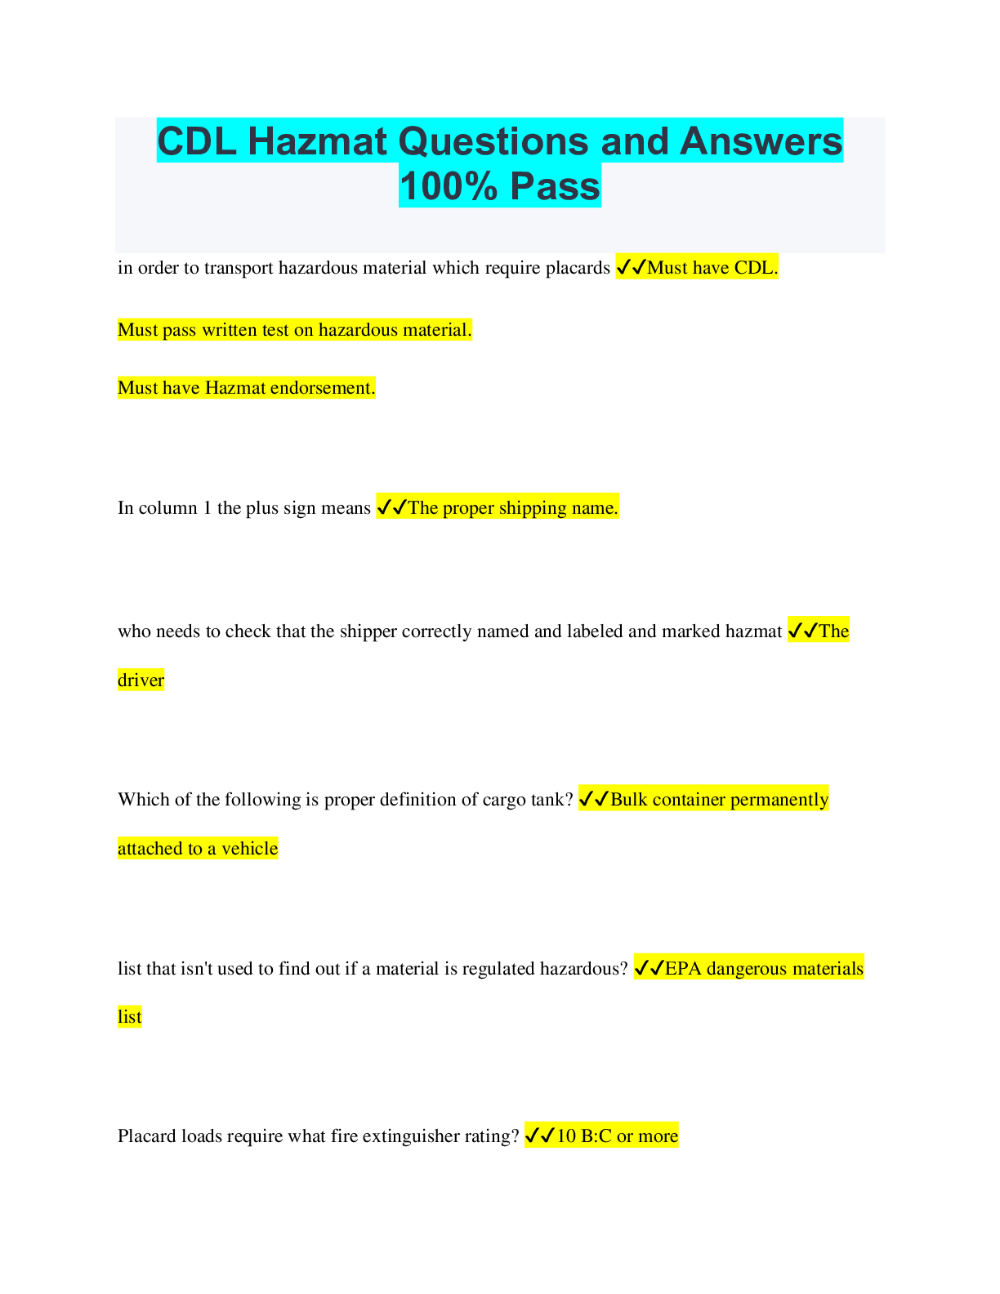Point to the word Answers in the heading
pyautogui.click(x=761, y=141)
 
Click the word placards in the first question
pyautogui.click(x=579, y=268)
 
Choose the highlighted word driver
pyautogui.click(x=141, y=680)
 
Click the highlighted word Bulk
pyautogui.click(x=628, y=800)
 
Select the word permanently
pyautogui.click(x=779, y=800)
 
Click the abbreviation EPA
pyautogui.click(x=683, y=969)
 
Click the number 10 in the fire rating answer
pyautogui.click(x=566, y=1136)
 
